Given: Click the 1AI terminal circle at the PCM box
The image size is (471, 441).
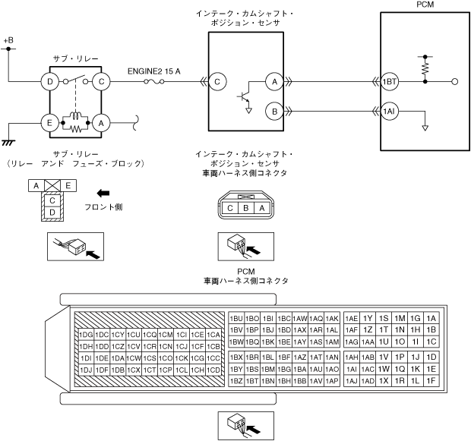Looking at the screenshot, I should pos(390,112).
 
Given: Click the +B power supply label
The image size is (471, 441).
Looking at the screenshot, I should pos(9,39).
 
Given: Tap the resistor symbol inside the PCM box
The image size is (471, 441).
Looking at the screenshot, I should pos(425,68).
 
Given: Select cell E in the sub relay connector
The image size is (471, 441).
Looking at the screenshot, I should pos(68,184).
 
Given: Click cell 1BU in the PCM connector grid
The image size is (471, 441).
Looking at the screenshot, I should pos(235,318).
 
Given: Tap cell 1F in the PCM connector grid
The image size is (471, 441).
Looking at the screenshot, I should pos(431,380).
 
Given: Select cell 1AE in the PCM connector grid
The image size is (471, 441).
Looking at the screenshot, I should pos(352,318).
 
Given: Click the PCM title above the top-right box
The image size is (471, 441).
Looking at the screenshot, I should pos(425,5).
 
